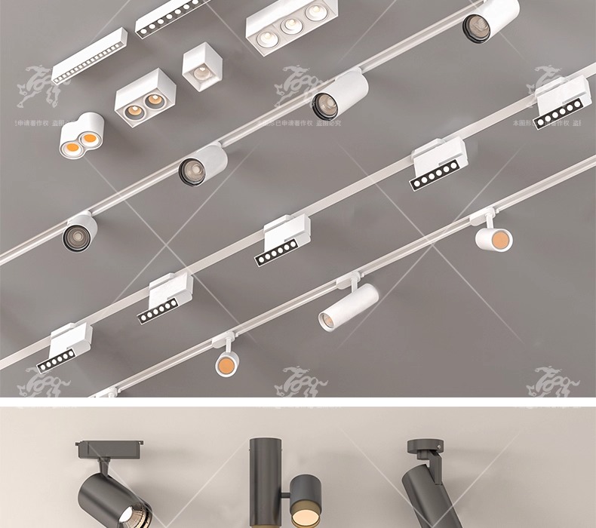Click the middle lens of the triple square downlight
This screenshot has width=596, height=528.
tap(288, 26)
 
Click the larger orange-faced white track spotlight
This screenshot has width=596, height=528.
tap(494, 238)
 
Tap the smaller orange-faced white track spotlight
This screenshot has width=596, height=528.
tap(226, 364)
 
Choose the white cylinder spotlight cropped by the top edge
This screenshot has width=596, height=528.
tap(490, 19)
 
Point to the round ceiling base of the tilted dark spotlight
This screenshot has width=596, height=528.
tap(423, 446)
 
